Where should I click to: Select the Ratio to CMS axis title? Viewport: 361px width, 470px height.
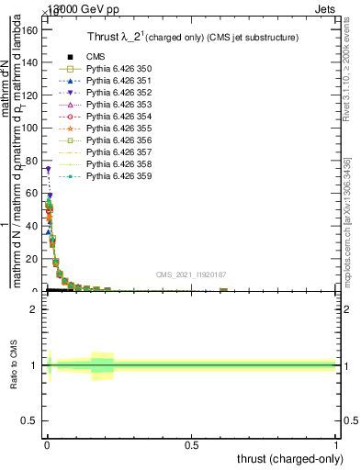point(16,365)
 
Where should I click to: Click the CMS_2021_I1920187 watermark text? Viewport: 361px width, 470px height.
point(190,274)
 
